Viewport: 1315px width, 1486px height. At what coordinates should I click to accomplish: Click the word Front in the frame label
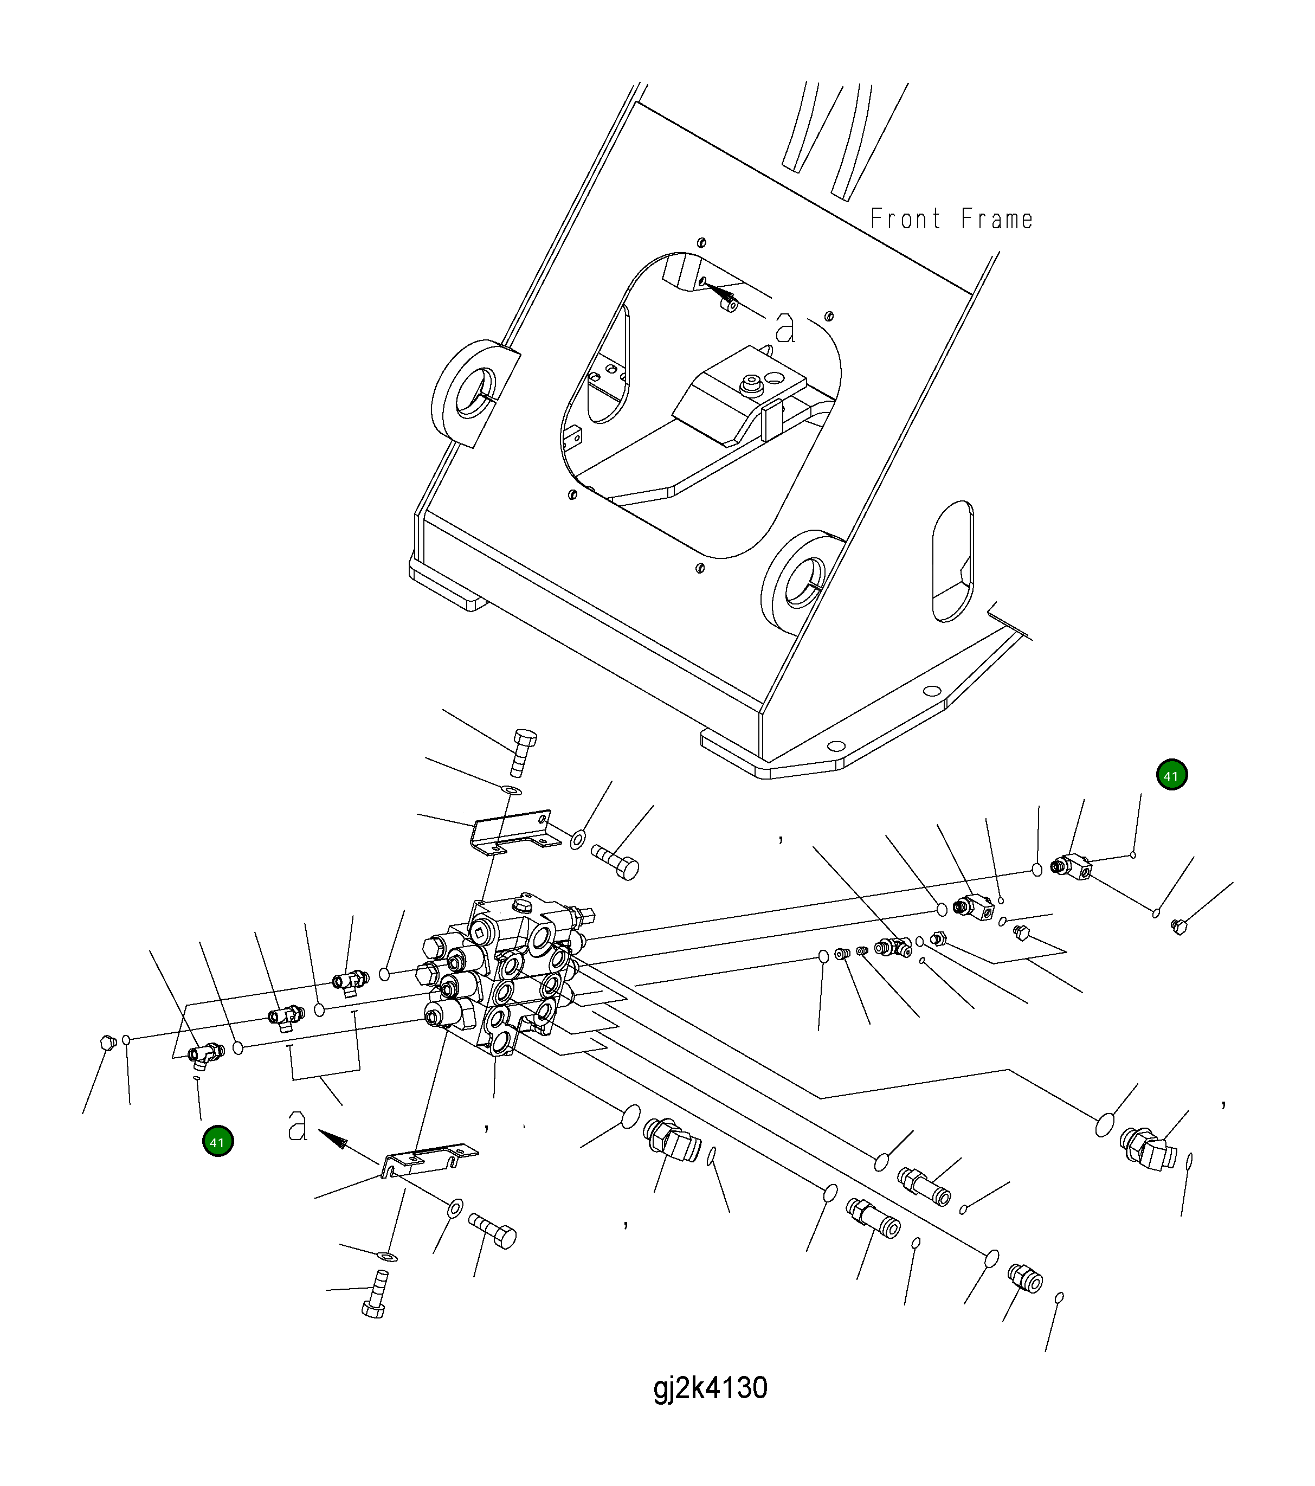click(905, 219)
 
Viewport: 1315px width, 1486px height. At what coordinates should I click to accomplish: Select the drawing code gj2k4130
click(710, 1388)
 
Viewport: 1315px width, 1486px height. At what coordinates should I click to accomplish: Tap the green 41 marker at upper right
click(1171, 776)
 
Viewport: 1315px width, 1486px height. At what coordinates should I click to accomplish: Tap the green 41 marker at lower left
click(217, 1142)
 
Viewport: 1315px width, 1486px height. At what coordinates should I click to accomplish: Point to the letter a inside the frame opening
click(785, 328)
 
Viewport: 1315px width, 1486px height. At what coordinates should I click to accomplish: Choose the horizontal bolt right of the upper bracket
click(616, 861)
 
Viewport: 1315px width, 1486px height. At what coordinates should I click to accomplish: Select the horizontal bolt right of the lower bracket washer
click(494, 1231)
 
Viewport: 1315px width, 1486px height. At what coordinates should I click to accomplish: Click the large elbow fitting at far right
click(1149, 1149)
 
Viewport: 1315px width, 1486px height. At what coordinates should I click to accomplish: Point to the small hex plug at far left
click(107, 1043)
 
